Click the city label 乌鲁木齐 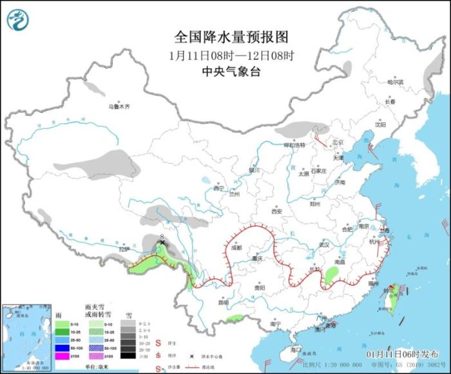119,106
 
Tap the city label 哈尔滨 395,82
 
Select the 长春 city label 390,101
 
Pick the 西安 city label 276,211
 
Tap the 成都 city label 235,247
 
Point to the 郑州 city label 315,204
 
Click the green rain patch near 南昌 331,275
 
